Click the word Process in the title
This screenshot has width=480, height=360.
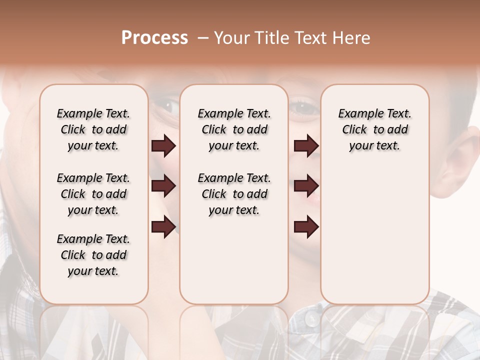point(154,38)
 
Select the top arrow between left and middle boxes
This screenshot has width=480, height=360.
point(163,145)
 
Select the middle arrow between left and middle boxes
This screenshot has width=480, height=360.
point(163,186)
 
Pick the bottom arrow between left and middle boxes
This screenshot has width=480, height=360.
point(163,227)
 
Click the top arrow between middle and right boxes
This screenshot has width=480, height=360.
point(306,145)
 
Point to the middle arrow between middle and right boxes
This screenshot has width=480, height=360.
point(306,186)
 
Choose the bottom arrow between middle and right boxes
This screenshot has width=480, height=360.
point(306,227)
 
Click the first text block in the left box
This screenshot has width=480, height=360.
point(93,129)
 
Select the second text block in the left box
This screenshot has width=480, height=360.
point(93,194)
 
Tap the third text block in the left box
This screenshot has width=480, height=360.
point(93,255)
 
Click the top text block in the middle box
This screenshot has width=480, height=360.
point(234,129)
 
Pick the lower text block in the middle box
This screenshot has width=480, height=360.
point(234,194)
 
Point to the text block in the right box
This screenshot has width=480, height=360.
point(374,129)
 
